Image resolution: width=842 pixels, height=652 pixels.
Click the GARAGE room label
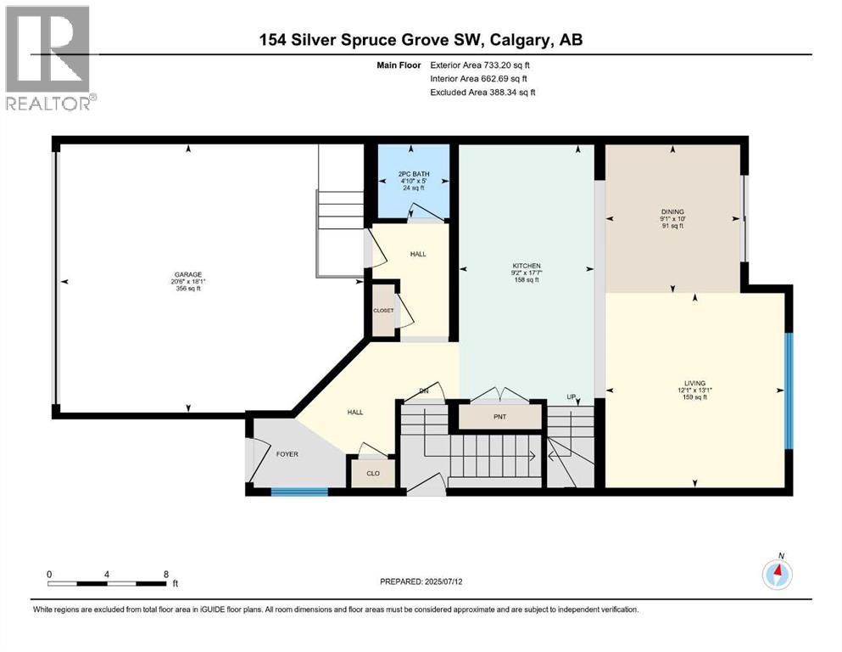188,274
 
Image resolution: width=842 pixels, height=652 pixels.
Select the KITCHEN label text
526,266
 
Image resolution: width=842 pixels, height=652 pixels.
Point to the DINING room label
673,211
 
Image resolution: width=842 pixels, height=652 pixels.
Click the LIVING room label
694,383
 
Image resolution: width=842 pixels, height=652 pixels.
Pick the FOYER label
288,454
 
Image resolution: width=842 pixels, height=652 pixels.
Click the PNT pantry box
500,416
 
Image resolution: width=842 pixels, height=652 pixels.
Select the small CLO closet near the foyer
371,472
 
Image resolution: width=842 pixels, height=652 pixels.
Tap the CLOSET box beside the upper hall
384,311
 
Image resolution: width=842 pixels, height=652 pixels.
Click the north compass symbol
777,575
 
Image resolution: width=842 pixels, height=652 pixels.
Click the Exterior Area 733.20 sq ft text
482,65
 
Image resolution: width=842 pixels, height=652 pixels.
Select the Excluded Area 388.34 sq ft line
482,92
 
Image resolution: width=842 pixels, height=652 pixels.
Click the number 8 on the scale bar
165,574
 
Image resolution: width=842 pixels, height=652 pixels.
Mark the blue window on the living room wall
788,391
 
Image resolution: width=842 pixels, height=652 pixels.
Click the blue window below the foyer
299,491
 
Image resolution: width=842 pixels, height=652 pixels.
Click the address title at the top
421,39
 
